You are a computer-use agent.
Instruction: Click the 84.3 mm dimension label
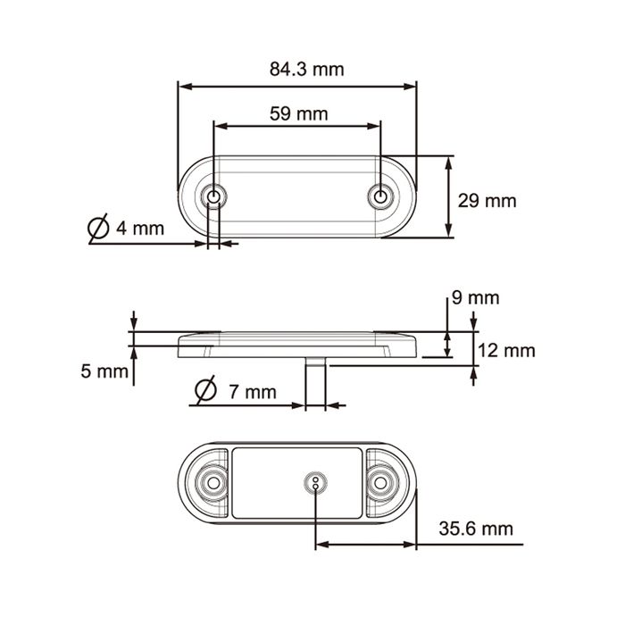point(306,70)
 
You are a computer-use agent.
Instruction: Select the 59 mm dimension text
point(298,114)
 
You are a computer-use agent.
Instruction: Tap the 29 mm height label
point(487,201)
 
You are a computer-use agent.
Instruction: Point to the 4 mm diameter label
point(140,229)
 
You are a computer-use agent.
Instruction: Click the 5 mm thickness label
point(104,371)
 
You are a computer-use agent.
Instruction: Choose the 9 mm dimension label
point(476,297)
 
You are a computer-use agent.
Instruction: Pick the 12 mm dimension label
point(506,351)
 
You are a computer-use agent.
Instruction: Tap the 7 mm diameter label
point(253,392)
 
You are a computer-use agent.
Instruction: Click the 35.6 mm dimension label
point(476,529)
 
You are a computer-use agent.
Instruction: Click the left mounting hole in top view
point(213,197)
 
